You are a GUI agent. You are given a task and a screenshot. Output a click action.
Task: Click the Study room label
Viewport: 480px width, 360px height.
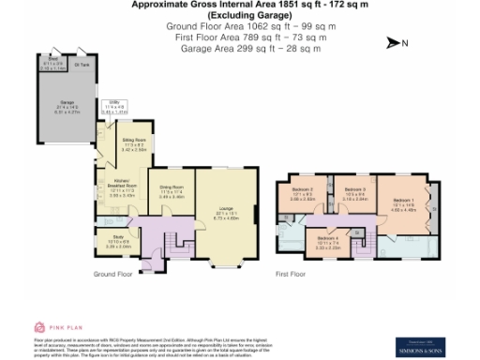pyautogui.click(x=118, y=239)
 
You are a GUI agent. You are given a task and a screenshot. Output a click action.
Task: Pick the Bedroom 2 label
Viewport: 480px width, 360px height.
pyautogui.click(x=301, y=195)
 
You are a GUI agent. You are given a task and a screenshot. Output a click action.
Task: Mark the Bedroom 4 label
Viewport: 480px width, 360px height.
pyautogui.click(x=327, y=241)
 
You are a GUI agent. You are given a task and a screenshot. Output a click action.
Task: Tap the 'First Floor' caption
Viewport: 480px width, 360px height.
pyautogui.click(x=292, y=275)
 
